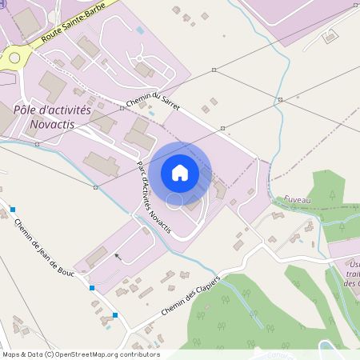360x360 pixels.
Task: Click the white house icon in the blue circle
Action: click(180, 173)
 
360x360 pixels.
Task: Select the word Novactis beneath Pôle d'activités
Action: click(58, 125)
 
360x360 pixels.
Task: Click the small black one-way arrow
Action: click(118, 256)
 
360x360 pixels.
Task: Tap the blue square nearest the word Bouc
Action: click(92, 287)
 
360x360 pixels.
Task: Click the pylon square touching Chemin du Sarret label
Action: click(126, 102)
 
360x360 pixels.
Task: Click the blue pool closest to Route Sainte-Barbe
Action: click(142, 30)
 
